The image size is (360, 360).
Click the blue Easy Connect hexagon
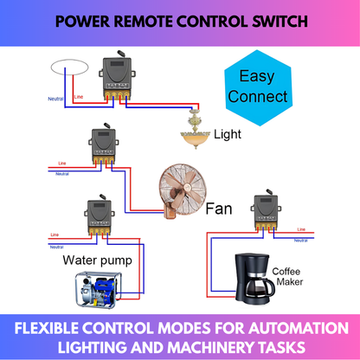(255, 86)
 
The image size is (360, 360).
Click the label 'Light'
(229, 135)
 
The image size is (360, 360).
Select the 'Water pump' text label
(97, 259)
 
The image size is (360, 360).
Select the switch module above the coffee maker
(265, 213)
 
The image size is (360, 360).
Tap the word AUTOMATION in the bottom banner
(281, 328)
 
